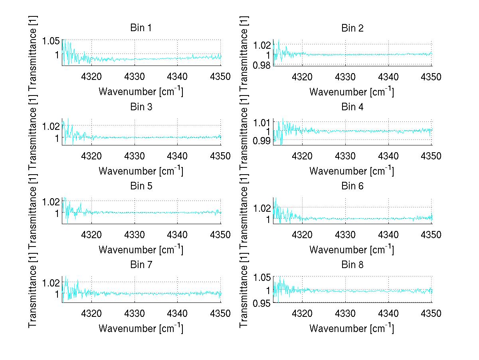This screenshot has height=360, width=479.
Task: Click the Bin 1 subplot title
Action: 141,28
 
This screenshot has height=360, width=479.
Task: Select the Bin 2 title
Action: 352,28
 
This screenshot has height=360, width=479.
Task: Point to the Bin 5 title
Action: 141,186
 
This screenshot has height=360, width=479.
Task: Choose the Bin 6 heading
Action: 352,186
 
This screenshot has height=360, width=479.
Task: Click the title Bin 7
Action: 141,265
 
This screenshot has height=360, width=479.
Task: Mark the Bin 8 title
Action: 352,265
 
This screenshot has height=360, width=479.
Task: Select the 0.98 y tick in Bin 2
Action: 263,65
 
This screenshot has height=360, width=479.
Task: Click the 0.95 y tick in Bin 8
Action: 263,303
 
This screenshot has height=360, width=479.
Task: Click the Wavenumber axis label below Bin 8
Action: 352,328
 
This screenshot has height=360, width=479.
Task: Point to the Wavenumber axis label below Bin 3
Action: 141,171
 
